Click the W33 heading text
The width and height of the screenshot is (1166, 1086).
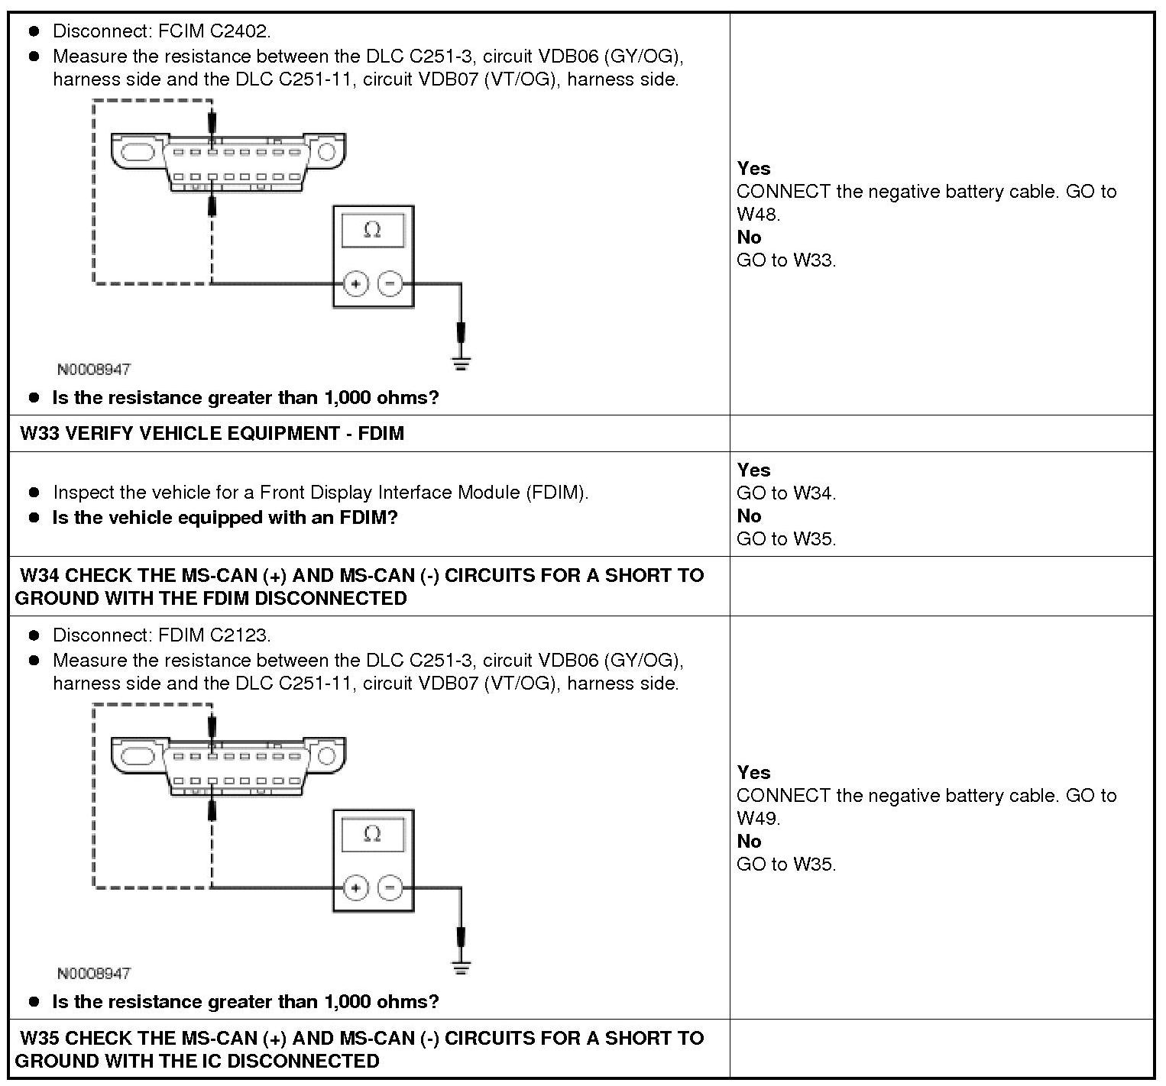coord(212,434)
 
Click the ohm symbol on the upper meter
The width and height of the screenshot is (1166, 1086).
coord(372,230)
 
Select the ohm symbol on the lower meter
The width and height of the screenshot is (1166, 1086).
coord(372,834)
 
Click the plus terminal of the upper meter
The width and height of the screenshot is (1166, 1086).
coord(355,284)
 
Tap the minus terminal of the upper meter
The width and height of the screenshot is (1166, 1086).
coord(390,284)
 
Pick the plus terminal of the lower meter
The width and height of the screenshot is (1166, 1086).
coord(355,888)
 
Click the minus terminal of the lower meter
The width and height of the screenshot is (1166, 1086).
coord(390,888)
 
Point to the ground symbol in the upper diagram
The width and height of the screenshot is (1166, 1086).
coord(461,363)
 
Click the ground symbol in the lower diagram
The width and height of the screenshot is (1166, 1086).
coord(461,967)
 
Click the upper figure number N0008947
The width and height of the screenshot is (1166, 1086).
coord(94,370)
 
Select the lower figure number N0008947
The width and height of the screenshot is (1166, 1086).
coord(94,974)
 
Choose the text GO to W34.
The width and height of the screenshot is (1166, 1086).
coord(786,493)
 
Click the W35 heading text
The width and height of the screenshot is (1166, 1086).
coord(359,1049)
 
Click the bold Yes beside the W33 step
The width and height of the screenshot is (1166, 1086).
coord(753,470)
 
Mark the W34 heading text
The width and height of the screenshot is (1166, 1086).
coord(359,587)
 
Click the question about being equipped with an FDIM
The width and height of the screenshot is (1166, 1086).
coord(225,518)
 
